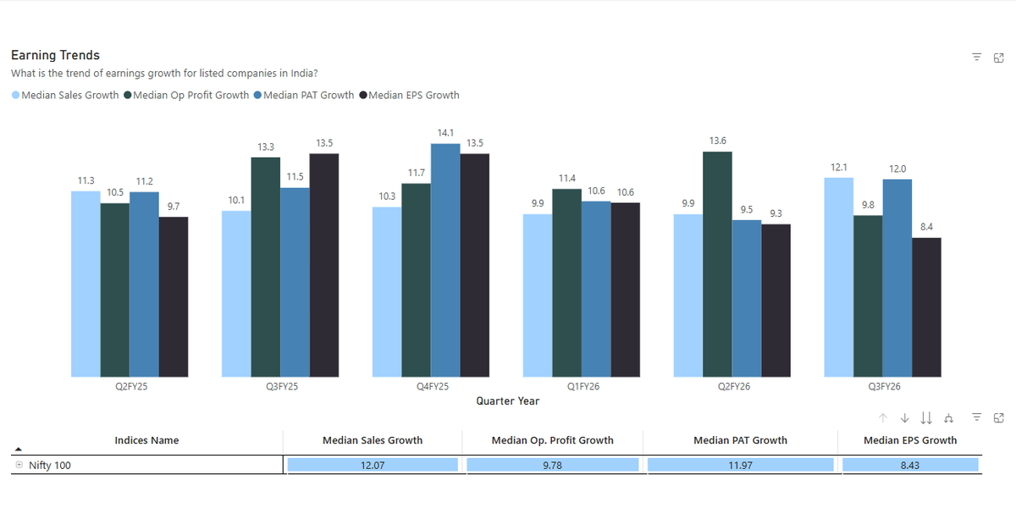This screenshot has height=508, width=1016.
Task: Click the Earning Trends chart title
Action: click(x=55, y=55)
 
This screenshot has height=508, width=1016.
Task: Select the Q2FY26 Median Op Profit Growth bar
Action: click(x=717, y=264)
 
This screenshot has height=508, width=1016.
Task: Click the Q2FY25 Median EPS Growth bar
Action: click(x=174, y=296)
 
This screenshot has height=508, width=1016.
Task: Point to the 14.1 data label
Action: click(x=445, y=133)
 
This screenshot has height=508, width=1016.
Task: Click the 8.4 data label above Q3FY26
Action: click(x=926, y=227)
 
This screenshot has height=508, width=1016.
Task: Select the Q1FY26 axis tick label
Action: click(x=584, y=386)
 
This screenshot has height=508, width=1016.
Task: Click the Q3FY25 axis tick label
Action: click(x=281, y=386)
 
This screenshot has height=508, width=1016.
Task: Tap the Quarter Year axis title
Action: click(x=507, y=401)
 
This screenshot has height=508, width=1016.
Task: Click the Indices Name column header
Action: click(x=146, y=440)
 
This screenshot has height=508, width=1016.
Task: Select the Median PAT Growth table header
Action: click(x=740, y=440)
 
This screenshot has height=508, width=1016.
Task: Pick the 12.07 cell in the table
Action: click(x=373, y=465)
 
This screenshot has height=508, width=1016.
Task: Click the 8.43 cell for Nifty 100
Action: click(x=910, y=465)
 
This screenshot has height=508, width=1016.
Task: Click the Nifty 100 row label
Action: click(x=50, y=465)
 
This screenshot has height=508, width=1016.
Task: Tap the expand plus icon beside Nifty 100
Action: click(x=19, y=465)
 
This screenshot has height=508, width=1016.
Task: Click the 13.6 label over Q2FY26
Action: click(x=717, y=141)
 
